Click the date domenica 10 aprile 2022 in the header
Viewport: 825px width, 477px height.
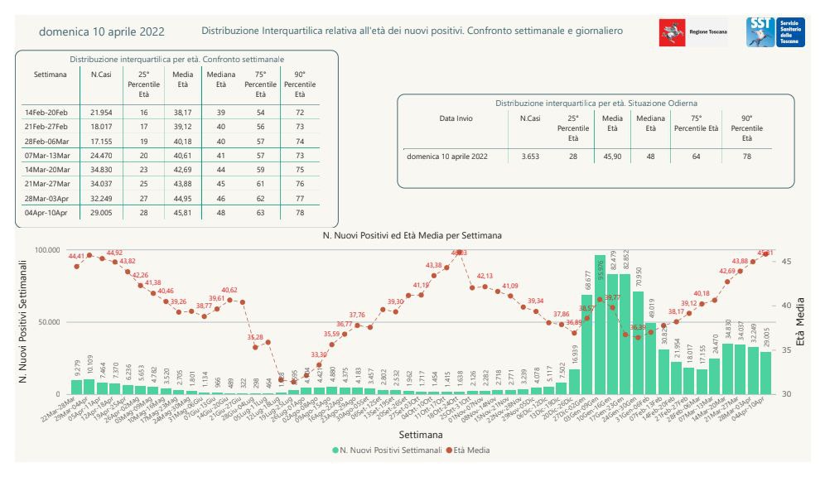click(x=101, y=31)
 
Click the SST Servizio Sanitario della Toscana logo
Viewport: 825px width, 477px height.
click(x=770, y=32)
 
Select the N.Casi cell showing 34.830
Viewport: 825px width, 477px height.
click(x=100, y=169)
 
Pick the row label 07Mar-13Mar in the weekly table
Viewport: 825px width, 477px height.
click(x=46, y=155)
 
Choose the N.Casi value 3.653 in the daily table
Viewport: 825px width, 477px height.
click(x=528, y=156)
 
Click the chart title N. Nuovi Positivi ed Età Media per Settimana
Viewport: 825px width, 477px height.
click(x=412, y=235)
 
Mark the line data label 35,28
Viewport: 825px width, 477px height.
click(x=255, y=338)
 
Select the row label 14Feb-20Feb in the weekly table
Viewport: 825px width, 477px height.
click(x=46, y=111)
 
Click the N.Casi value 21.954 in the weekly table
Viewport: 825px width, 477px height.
click(x=100, y=111)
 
